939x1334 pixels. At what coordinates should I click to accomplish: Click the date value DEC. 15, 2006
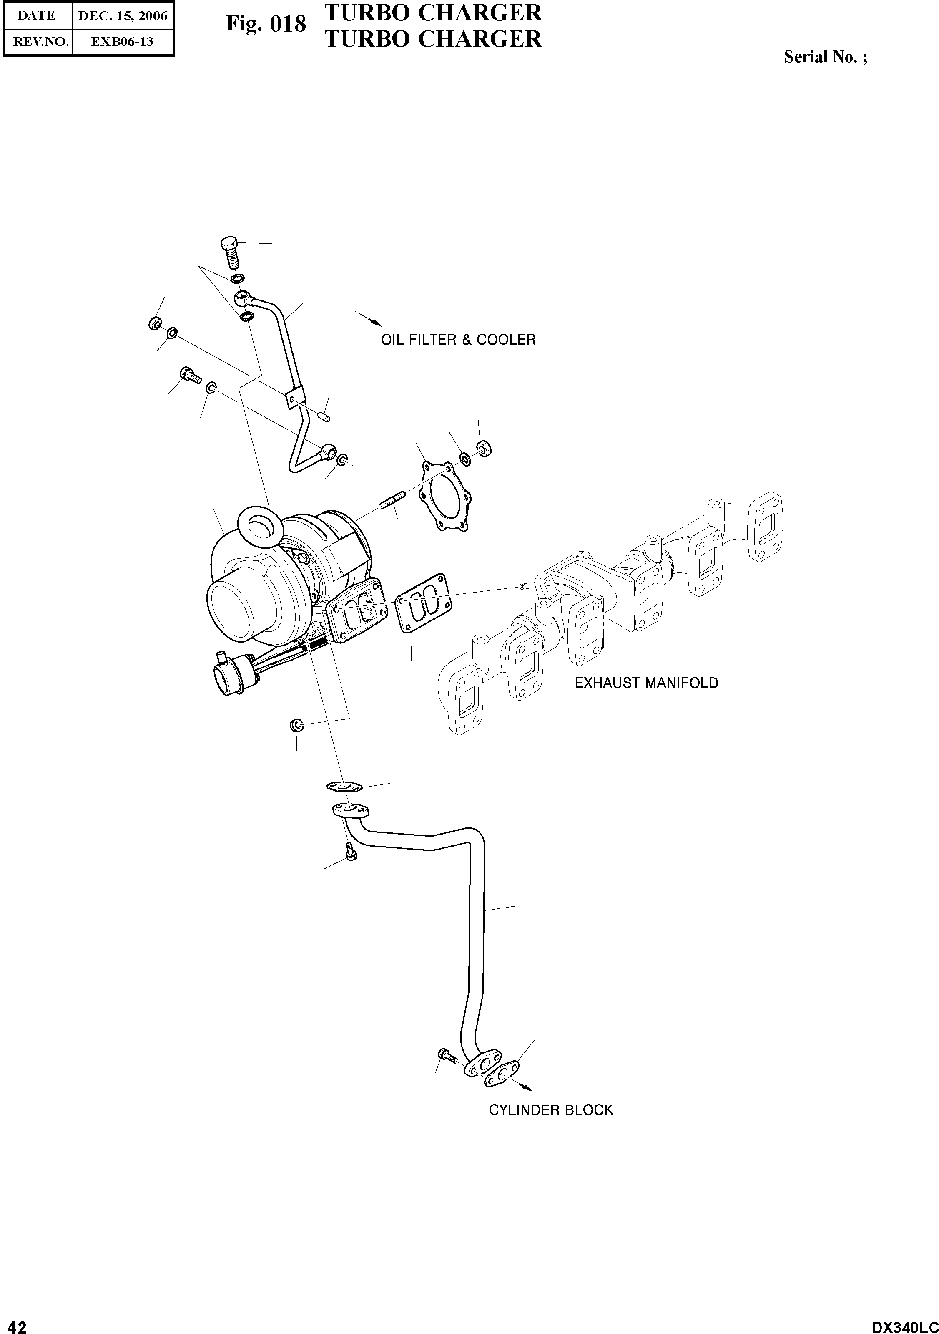(x=123, y=16)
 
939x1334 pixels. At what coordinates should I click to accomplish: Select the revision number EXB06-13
(x=123, y=42)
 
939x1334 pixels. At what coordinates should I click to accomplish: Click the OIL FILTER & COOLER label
(x=458, y=340)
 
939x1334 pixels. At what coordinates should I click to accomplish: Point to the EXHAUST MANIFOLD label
(x=646, y=683)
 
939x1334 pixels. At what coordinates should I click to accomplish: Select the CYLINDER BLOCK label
(x=550, y=1110)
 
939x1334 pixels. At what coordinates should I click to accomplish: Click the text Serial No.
(x=825, y=57)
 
